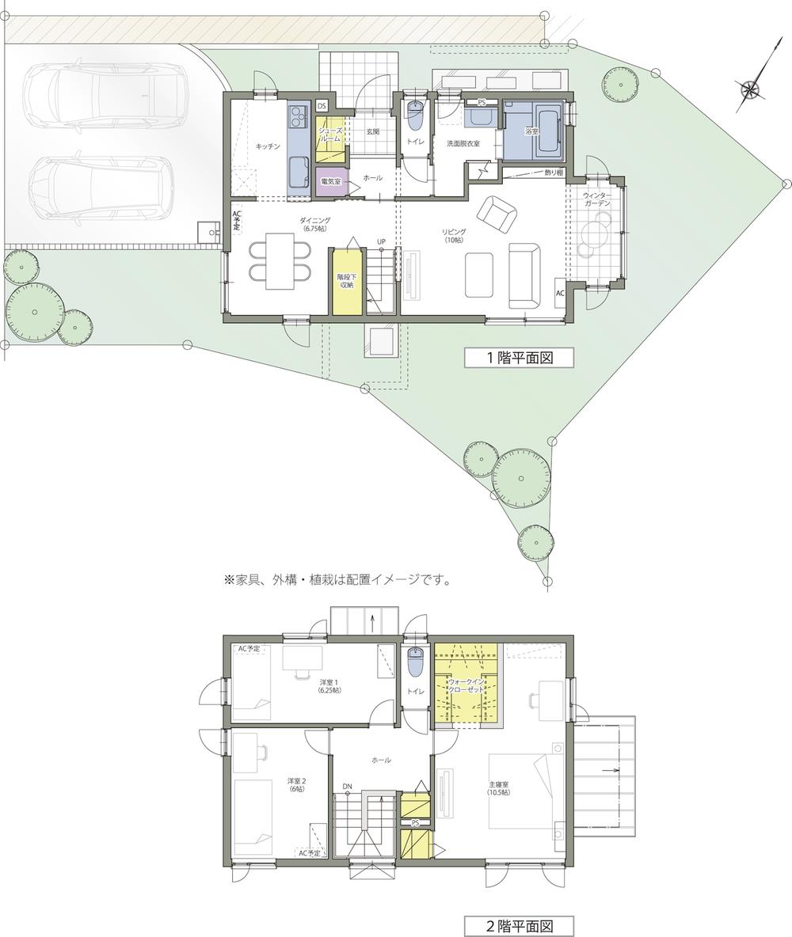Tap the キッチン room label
268,146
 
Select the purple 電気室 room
331,181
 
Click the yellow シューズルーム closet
330,138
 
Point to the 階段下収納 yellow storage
346,281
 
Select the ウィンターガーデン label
596,199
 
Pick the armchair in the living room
497,216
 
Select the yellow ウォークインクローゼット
466,682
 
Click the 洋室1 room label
329,685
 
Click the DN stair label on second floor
348,787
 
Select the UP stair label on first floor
381,241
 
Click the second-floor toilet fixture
415,662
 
